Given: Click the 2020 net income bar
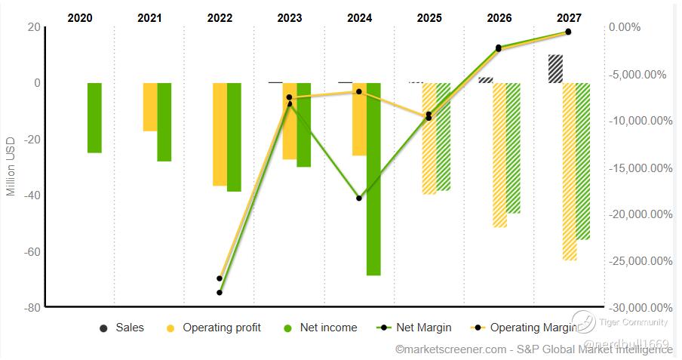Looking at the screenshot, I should pos(94,118).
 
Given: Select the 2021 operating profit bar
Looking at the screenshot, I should pos(150,106).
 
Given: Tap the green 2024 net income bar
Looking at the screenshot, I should pos(373,179).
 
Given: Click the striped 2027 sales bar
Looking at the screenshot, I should pos(555,69).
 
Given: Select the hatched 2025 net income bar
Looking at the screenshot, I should pos(443,137).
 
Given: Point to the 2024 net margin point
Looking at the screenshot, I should pos(359,198).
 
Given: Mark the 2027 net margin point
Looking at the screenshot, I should pos(568,32).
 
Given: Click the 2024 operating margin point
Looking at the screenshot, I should pos(359,91).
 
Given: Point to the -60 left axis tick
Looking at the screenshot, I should pos(31,251).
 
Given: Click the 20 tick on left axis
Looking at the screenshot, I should pos(33,26).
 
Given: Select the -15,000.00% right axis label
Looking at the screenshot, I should pos(641,168).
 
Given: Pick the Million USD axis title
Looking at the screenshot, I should pos(11,167).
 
